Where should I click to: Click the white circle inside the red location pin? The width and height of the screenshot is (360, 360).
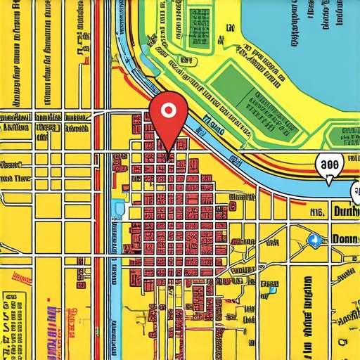(x=167, y=110)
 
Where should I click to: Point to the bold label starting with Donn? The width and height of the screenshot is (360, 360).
(x=345, y=239)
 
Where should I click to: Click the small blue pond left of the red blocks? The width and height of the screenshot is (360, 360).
(x=117, y=209)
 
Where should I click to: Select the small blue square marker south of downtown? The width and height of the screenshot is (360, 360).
(x=269, y=288)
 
